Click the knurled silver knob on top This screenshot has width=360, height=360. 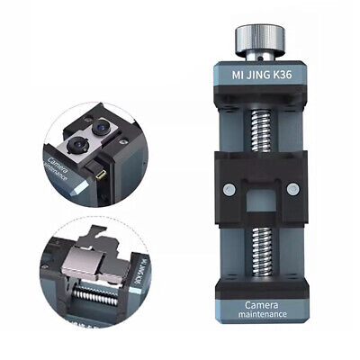[260, 38]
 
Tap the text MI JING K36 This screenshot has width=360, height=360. [262, 75]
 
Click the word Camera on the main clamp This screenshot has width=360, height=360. [262, 305]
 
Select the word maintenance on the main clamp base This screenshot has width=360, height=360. [263, 314]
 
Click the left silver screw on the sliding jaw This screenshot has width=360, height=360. [229, 190]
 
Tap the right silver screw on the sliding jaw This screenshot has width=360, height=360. [292, 189]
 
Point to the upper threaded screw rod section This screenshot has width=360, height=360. [261, 130]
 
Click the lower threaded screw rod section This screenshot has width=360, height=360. [262, 251]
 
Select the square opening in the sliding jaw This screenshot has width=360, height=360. [260, 201]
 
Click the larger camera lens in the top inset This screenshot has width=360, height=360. [76, 145]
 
